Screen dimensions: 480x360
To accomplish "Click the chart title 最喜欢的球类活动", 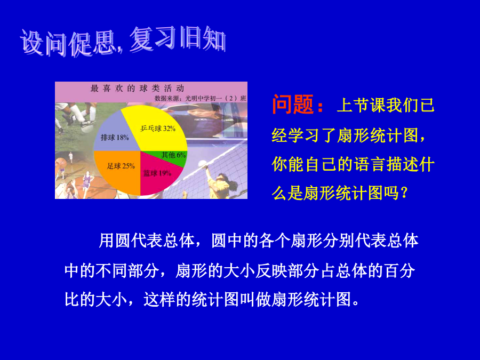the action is (137, 89).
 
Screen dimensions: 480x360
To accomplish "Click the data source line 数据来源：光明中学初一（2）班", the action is (200, 98).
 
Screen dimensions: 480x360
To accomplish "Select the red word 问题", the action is (293, 105).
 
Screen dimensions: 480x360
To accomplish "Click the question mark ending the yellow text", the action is (404, 193).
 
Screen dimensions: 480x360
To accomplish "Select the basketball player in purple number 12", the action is (86, 181).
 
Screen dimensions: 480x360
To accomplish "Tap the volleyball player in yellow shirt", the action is (220, 183).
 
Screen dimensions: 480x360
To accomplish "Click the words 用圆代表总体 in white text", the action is (146, 241).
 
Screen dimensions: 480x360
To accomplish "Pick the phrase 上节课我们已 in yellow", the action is (386, 105).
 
